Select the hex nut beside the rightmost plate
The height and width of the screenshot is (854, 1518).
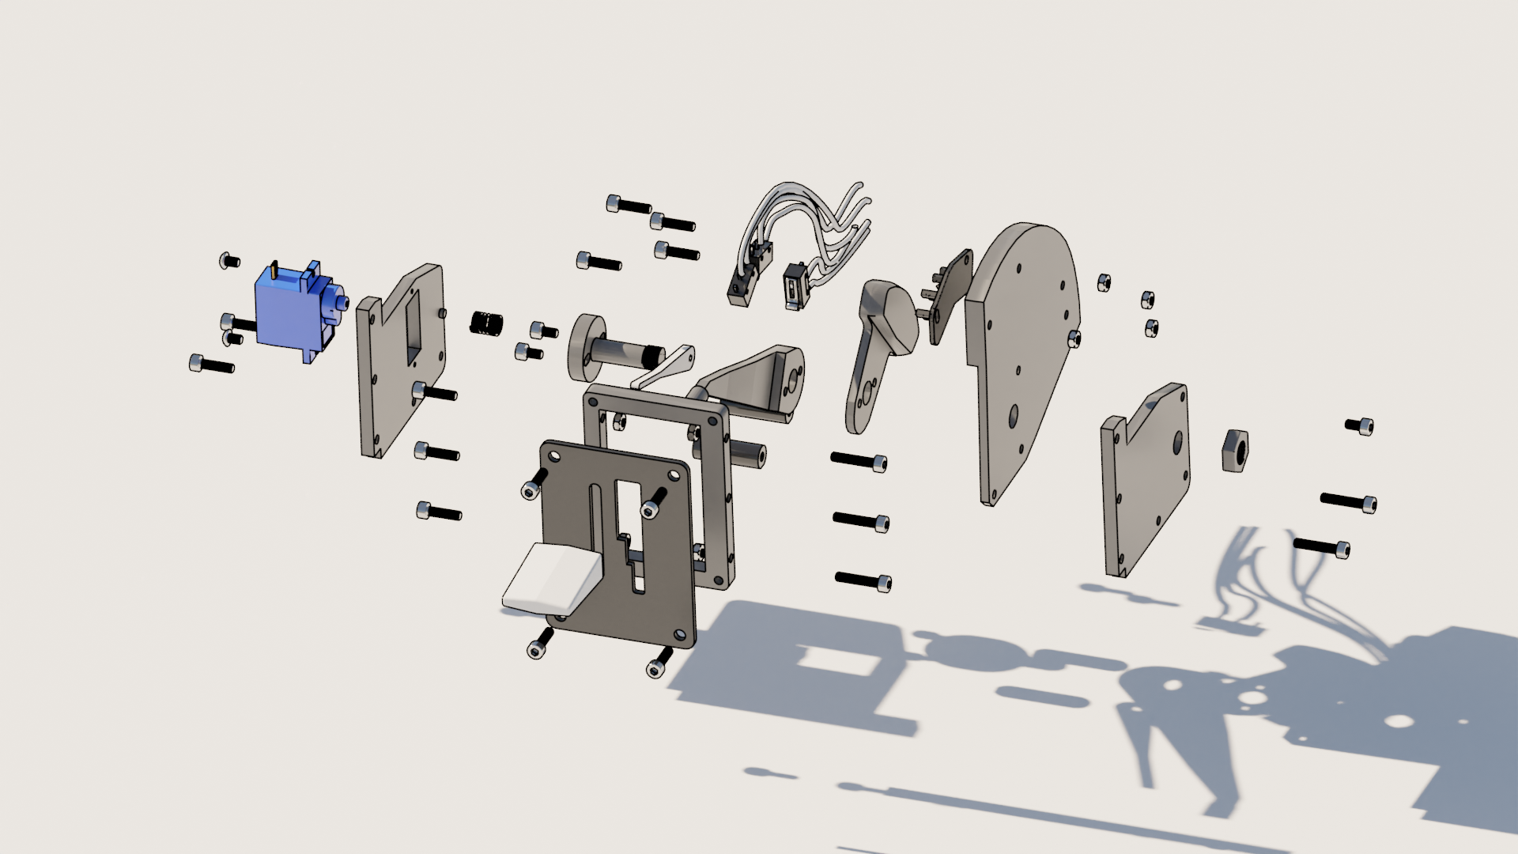tap(1235, 451)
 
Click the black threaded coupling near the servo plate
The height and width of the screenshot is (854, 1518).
tap(487, 323)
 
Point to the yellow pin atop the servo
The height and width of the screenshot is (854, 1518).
tap(274, 268)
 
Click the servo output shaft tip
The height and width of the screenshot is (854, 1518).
tap(345, 303)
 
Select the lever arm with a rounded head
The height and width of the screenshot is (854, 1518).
tap(878, 348)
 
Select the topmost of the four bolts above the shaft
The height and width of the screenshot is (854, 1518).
tap(629, 206)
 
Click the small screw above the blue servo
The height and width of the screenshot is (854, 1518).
tap(229, 260)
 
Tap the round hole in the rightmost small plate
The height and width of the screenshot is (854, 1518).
tap(1176, 443)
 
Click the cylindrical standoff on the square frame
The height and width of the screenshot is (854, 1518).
tap(746, 455)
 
